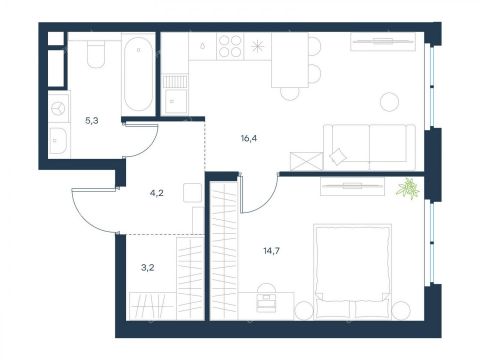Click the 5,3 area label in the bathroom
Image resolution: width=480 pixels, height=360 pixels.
(x=92, y=121)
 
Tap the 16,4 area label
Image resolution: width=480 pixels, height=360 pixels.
(x=249, y=138)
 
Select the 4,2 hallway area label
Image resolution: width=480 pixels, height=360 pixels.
(x=156, y=193)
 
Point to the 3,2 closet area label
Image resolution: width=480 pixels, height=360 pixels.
(x=147, y=267)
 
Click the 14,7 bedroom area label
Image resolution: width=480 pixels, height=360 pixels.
(x=271, y=251)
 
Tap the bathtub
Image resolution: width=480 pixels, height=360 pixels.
(x=138, y=74)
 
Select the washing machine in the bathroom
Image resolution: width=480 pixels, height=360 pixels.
(x=59, y=108)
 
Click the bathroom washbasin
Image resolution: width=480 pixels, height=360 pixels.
(x=59, y=141)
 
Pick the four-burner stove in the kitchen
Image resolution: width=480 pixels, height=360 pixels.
(x=230, y=46)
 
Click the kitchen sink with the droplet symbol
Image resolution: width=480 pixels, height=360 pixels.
(x=202, y=46)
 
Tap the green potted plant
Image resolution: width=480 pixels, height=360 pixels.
(x=408, y=188)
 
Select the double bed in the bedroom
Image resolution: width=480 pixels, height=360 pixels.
(x=352, y=271)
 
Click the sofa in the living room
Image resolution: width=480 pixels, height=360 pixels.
(x=369, y=147)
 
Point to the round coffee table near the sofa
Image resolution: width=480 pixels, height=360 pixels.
(x=389, y=101)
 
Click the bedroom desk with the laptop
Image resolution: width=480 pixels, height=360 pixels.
(x=266, y=306)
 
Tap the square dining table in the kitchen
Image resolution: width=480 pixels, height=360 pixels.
(x=290, y=60)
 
